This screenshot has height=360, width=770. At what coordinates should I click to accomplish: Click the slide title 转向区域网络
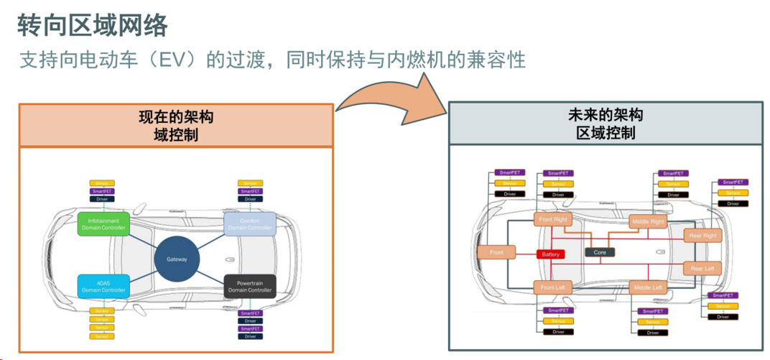tap(93, 25)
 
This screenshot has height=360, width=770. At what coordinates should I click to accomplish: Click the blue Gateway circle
tap(177, 259)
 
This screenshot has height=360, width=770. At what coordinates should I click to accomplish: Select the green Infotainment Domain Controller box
tap(103, 224)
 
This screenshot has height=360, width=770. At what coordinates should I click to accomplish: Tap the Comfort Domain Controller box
tap(250, 224)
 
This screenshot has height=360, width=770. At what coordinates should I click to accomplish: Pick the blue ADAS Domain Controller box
tap(103, 286)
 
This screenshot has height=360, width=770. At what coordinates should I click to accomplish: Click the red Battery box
tap(551, 254)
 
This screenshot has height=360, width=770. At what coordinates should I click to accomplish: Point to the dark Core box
tap(600, 253)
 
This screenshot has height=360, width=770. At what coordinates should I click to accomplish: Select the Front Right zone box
tap(553, 219)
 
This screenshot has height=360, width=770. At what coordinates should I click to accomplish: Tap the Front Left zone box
tap(553, 287)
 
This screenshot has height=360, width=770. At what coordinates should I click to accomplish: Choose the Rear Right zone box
tap(702, 236)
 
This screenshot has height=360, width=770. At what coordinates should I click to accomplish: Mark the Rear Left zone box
tap(702, 269)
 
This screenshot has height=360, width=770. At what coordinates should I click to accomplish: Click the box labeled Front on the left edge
tap(496, 253)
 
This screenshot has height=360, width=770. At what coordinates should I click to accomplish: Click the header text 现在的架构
tap(176, 117)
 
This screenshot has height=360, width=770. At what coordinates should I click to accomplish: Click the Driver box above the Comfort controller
tap(250, 199)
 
